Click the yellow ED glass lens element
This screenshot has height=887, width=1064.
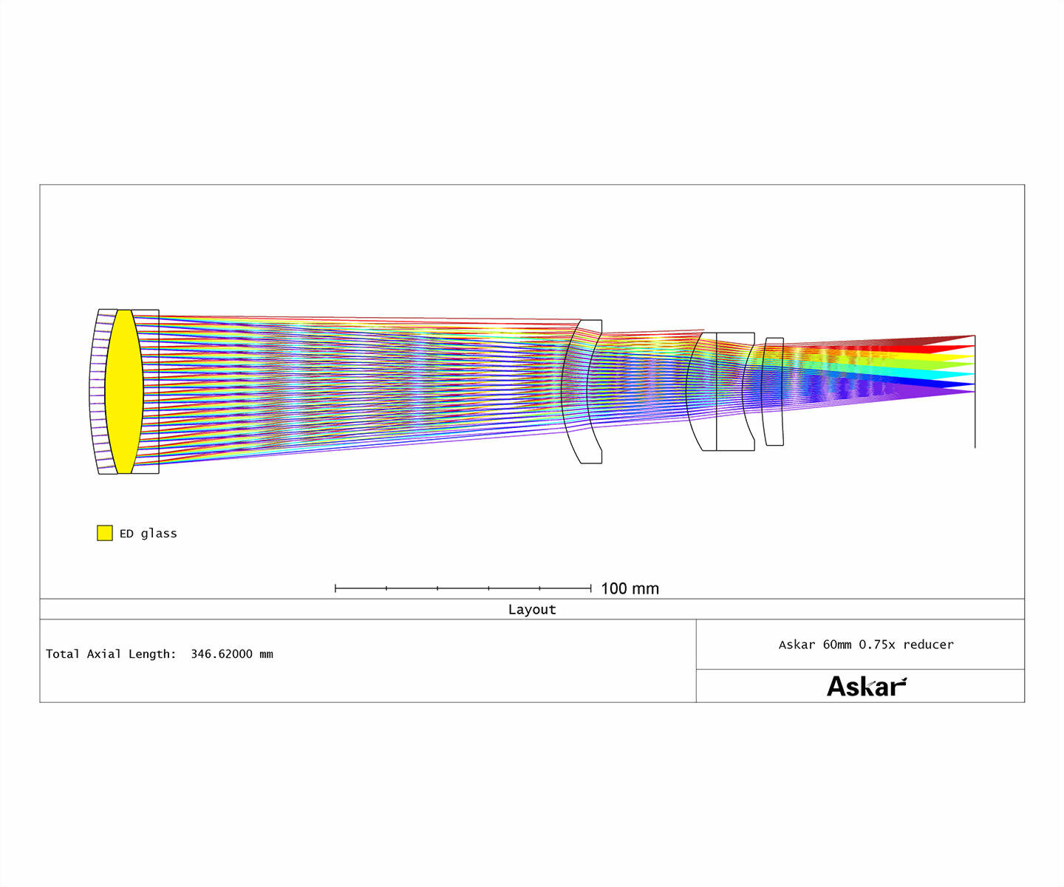pos(124,392)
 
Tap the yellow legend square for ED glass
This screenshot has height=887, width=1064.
pos(104,533)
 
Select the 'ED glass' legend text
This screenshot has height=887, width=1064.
pos(149,533)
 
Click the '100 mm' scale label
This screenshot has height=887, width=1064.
pos(630,589)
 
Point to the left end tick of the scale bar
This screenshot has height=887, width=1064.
pos(335,588)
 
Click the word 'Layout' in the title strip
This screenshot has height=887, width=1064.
pos(532,609)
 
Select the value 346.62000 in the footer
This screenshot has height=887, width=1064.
pos(222,654)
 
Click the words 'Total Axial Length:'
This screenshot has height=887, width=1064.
pos(111,654)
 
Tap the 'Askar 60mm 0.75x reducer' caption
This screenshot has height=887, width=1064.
pos(866,645)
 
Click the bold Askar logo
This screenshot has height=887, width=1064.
pos(867,686)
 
